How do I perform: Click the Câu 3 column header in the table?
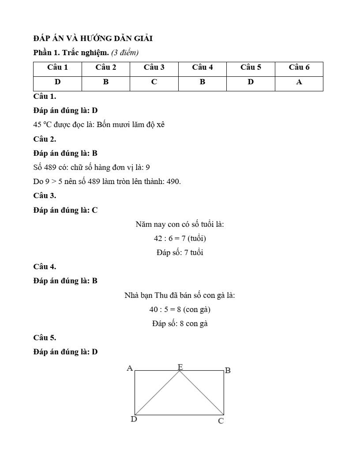click(154, 68)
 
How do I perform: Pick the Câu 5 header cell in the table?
click(251, 68)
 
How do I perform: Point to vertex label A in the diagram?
click(130, 368)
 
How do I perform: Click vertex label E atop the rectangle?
click(180, 367)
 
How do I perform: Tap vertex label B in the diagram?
click(228, 370)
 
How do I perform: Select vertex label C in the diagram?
click(221, 421)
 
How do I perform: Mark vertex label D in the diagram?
click(134, 419)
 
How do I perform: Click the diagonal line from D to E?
click(157, 393)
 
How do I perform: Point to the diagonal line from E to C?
click(202, 393)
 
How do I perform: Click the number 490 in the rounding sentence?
click(173, 181)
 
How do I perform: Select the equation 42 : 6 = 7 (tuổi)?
click(180, 238)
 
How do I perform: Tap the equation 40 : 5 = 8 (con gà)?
click(180, 309)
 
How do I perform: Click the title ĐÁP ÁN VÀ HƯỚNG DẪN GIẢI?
click(93, 38)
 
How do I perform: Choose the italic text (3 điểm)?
click(125, 53)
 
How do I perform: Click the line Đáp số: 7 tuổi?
click(180, 253)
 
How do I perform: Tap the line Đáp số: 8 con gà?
click(180, 323)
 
